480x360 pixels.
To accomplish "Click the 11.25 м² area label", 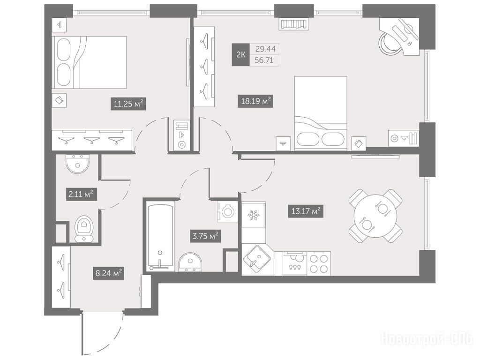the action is tap(128, 104).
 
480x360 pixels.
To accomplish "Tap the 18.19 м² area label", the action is tap(255, 101).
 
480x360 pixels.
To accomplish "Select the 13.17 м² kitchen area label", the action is tap(306, 211).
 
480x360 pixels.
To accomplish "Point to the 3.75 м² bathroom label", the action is tap(205, 236).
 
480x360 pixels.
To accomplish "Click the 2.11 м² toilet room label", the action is tap(82, 194).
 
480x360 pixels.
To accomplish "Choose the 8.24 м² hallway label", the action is tap(109, 273).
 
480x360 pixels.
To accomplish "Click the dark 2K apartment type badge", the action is tap(241, 55).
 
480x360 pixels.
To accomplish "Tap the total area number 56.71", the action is tap(264, 60).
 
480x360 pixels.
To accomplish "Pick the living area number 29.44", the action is tap(265, 49).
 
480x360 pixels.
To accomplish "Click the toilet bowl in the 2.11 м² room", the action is tap(84, 229).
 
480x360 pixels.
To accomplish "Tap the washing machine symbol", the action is tap(227, 211).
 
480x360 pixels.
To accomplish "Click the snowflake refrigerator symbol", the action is tap(254, 215).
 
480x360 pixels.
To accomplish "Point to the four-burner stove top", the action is tap(319, 263).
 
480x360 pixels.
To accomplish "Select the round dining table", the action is tap(375, 216).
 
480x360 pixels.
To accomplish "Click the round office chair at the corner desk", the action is tap(389, 43).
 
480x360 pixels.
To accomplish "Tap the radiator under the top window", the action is tap(294, 24).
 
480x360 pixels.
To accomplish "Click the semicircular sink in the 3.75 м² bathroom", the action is tap(190, 262).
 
